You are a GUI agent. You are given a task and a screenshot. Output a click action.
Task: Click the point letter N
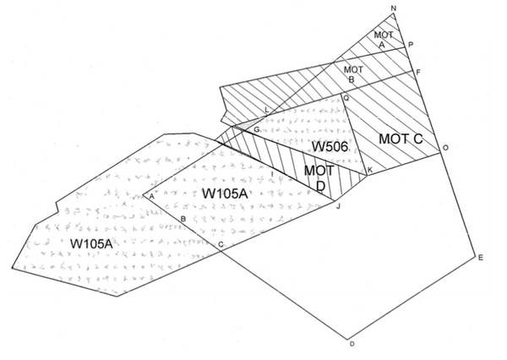coord(394,9)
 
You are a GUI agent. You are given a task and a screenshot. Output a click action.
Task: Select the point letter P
coord(411,44)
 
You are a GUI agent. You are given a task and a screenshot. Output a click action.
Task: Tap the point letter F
coord(419,73)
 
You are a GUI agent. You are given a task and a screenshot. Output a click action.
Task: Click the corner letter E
coord(481,258)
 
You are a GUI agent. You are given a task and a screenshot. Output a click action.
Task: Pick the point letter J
coord(338,205)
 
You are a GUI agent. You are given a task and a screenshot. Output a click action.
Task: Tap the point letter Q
coord(345,98)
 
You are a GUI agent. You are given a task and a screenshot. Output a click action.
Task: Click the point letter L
coord(267,112)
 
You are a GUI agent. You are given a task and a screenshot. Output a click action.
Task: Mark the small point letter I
coord(271,173)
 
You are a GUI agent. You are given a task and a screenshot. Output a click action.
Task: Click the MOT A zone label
coord(382,38)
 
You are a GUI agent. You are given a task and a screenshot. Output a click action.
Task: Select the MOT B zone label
coord(353,74)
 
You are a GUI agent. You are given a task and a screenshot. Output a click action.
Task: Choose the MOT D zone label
coord(318,177)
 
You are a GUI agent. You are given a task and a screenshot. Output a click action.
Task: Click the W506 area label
coord(330,147)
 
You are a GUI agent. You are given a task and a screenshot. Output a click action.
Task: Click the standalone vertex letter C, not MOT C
coord(221,245)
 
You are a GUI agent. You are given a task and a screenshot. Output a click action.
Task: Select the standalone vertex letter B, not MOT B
coord(183,219)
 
